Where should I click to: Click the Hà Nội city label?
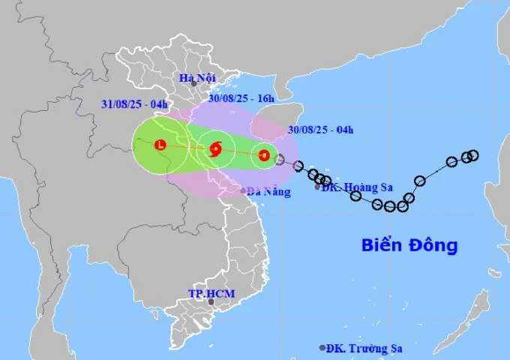(198, 76)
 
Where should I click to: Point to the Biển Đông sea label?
(409, 245)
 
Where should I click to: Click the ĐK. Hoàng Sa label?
(352, 187)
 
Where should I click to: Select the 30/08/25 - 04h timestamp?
(320, 130)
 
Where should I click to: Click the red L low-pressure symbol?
(160, 145)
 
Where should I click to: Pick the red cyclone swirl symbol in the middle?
(216, 148)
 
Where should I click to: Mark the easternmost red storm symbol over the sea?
(263, 156)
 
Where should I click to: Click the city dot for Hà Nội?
(193, 83)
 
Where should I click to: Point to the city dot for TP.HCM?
(211, 301)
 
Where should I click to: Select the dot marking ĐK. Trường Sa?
(322, 348)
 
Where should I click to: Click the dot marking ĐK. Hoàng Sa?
(317, 187)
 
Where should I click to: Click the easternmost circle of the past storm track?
(473, 155)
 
